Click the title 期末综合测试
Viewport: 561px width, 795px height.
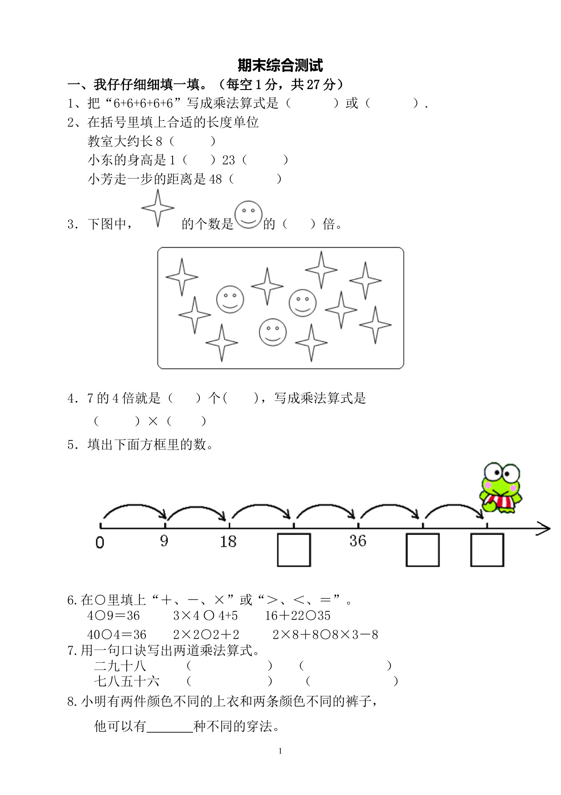point(280,65)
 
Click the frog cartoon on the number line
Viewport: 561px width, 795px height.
point(501,488)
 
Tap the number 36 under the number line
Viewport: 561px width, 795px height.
point(358,540)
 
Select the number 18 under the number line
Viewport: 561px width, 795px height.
point(228,541)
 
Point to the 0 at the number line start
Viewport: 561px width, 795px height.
point(100,542)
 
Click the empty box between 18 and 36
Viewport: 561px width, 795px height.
point(294,550)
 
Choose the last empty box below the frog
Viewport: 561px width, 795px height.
point(487,550)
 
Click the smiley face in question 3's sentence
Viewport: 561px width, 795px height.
point(248,215)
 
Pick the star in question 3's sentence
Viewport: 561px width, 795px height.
point(158,208)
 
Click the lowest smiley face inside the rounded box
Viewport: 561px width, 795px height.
point(273,332)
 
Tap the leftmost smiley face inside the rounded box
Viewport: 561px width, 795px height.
point(230,299)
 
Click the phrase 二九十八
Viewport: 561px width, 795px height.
point(120,666)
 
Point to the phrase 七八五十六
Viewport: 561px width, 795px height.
point(127,681)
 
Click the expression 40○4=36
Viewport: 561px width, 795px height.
point(117,635)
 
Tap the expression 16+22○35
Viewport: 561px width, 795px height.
point(298,615)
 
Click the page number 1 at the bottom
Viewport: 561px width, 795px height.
point(280,751)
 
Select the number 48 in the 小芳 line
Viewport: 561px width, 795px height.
point(215,179)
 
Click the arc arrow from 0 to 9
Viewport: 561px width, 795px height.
point(134,510)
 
